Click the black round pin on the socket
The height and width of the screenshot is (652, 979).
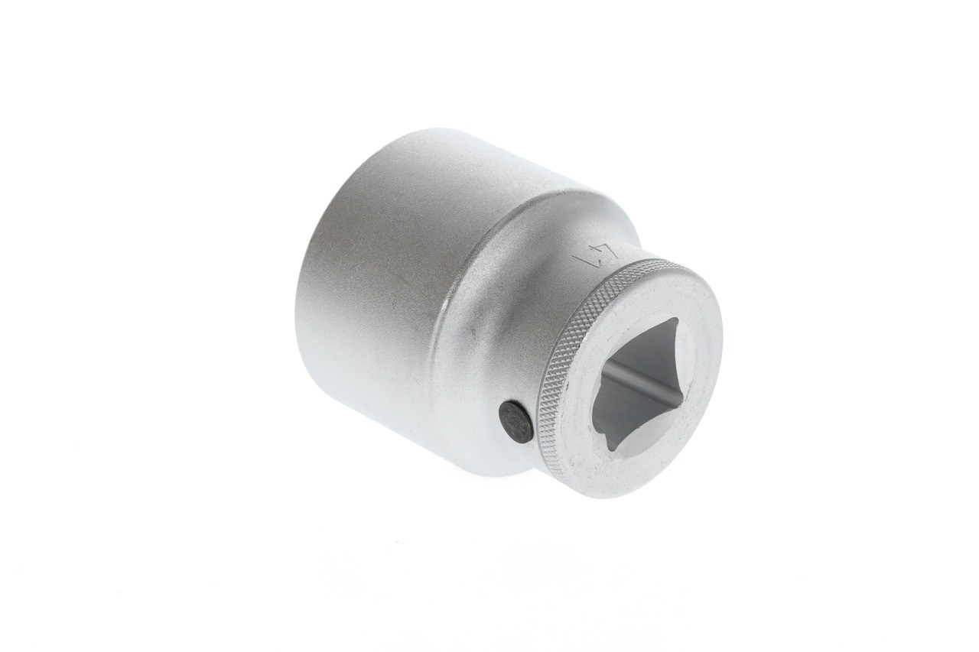point(516,421)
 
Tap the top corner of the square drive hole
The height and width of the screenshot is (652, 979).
point(672,321)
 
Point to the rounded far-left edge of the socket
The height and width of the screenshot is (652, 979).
point(300,306)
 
